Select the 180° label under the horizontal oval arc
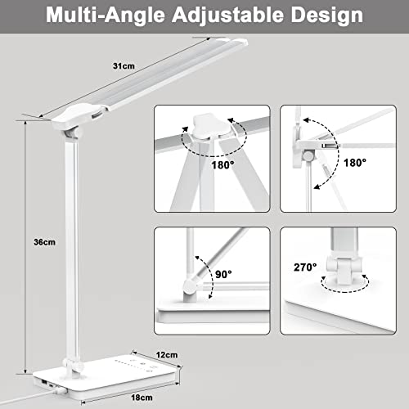(x=220, y=187)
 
